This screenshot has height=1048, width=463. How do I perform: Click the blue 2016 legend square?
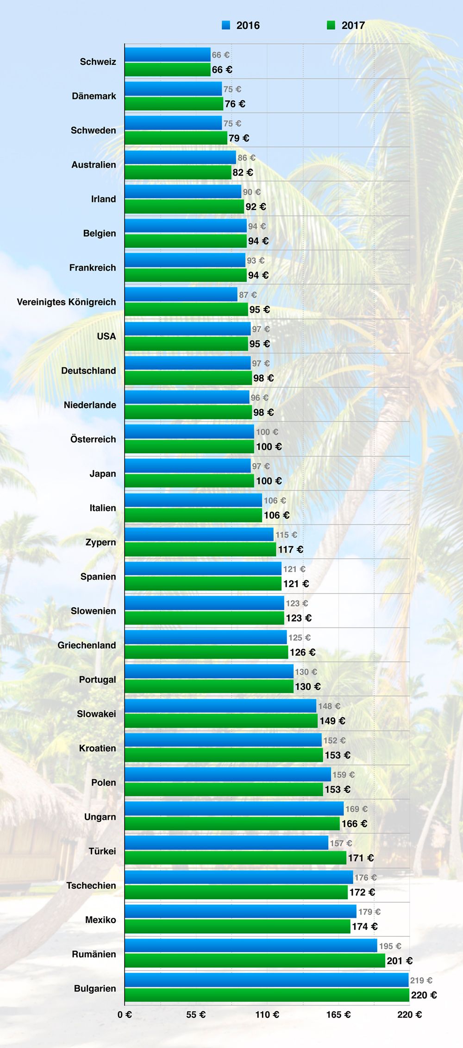[x=226, y=25]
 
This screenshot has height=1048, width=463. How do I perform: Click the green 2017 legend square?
[x=331, y=25]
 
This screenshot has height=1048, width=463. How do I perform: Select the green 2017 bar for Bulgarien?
[x=267, y=995]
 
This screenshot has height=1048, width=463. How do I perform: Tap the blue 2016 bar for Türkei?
[x=226, y=843]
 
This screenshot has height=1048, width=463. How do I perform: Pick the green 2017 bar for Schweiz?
[x=168, y=69]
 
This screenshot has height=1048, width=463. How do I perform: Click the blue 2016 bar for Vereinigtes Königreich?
[x=181, y=294]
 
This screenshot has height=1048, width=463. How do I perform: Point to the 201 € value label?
[x=400, y=960]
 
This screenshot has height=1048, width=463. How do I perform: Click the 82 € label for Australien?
[x=243, y=172]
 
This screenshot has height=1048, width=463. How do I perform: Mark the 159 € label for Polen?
[x=343, y=775]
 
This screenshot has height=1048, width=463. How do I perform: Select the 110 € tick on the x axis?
[x=267, y=1015]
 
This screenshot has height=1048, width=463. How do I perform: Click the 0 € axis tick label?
[x=125, y=1015]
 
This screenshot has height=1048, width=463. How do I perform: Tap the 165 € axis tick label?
[x=338, y=1015]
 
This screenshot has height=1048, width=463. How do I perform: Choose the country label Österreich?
[x=93, y=439]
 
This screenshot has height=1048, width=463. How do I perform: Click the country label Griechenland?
[x=87, y=645]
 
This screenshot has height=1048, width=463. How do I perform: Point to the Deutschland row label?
[x=88, y=371]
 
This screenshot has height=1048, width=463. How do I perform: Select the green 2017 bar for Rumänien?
[x=255, y=960]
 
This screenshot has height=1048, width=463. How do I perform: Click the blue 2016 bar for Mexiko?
[x=240, y=911]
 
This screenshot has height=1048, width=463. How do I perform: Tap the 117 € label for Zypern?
[x=290, y=549]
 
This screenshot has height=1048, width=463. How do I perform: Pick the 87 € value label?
[x=248, y=295]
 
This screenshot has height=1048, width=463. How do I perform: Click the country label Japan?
[x=103, y=473]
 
